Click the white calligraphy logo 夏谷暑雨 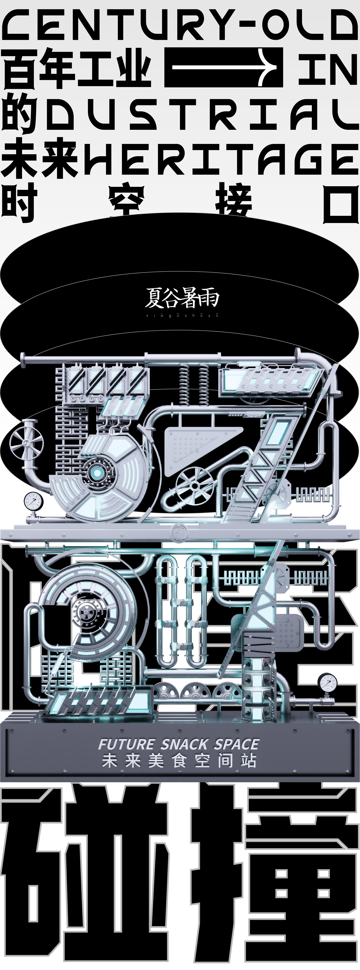[x=182, y=297]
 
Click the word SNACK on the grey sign [x=184, y=744]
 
